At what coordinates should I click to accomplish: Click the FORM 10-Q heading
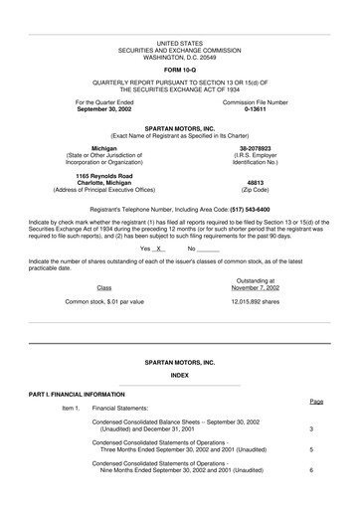tap(180, 69)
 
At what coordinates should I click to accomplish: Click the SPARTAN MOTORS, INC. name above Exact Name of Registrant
tap(180, 129)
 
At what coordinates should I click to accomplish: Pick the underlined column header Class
tap(104, 286)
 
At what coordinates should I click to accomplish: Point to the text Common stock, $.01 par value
tap(104, 301)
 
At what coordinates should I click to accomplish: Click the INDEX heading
tap(180, 376)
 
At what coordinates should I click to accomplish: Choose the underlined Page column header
tap(316, 401)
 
